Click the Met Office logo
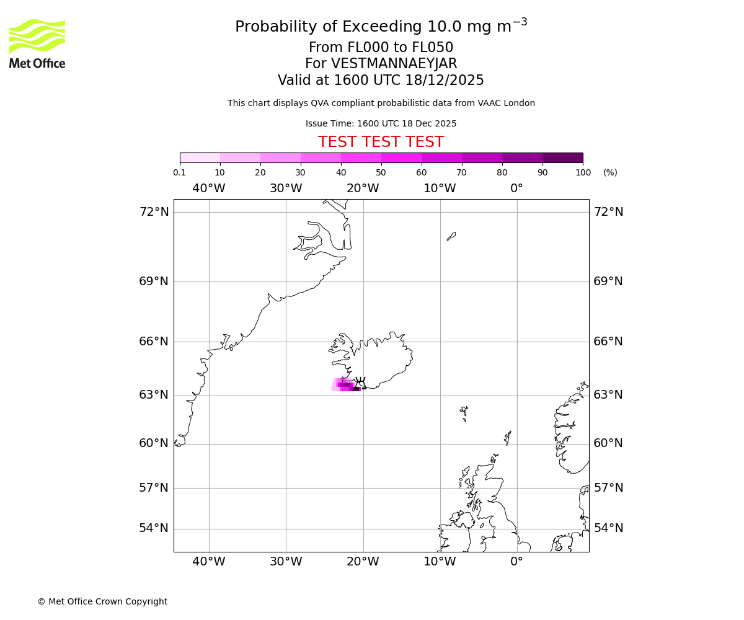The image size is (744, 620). (x=37, y=43)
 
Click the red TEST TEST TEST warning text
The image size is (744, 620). (x=381, y=142)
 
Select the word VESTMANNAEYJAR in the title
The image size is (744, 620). (x=394, y=64)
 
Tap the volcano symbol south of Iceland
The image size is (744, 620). (x=360, y=381)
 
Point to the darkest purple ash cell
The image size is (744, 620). (x=356, y=389)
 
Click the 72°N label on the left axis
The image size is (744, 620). (x=154, y=212)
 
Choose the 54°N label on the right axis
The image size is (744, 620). (x=608, y=528)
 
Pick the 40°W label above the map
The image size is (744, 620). (x=209, y=188)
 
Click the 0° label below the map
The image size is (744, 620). (x=516, y=562)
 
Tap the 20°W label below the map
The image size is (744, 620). (x=363, y=562)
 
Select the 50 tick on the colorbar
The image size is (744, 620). (x=381, y=172)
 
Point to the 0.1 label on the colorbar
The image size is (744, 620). (x=179, y=172)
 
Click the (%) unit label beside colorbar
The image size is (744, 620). (x=610, y=172)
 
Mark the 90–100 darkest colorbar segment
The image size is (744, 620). (x=562, y=157)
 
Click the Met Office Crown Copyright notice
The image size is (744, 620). (x=102, y=601)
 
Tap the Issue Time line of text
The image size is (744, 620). (x=381, y=124)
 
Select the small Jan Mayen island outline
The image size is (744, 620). (x=451, y=236)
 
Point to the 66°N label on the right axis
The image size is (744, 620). (x=608, y=342)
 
